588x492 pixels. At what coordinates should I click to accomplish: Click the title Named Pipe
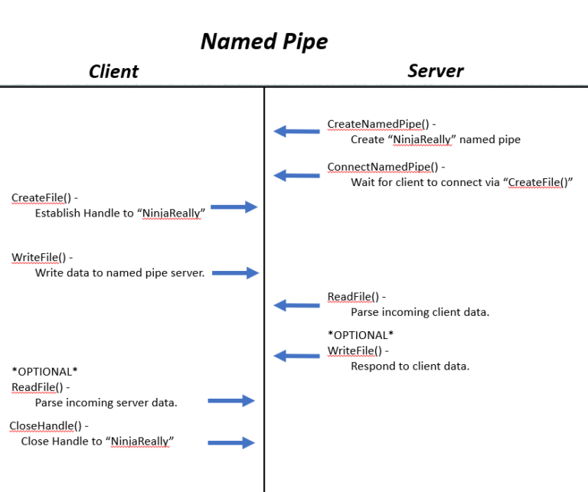(x=263, y=41)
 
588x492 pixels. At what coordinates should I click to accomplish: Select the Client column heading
(x=113, y=72)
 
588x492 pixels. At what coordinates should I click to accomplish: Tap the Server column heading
(x=435, y=71)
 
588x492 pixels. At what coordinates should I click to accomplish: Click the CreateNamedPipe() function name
(x=377, y=124)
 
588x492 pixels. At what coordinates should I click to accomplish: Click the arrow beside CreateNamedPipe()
(x=297, y=132)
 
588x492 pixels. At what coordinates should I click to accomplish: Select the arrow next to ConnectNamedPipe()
(x=297, y=175)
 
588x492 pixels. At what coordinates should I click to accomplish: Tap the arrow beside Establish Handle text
(x=234, y=207)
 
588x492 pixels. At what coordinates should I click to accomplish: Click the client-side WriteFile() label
(x=38, y=257)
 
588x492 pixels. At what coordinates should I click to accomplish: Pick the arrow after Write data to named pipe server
(x=235, y=273)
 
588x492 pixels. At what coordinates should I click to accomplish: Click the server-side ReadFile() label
(x=352, y=297)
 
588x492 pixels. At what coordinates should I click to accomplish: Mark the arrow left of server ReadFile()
(x=297, y=305)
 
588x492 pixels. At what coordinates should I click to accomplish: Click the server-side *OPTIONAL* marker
(x=360, y=335)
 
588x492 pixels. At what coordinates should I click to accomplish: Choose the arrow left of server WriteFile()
(x=297, y=355)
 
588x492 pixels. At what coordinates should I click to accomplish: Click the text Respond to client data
(x=410, y=366)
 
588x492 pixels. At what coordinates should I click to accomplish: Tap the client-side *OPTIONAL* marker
(x=44, y=372)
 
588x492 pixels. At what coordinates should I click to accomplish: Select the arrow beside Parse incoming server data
(x=230, y=400)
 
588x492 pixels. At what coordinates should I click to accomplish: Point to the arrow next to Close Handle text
(x=230, y=442)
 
